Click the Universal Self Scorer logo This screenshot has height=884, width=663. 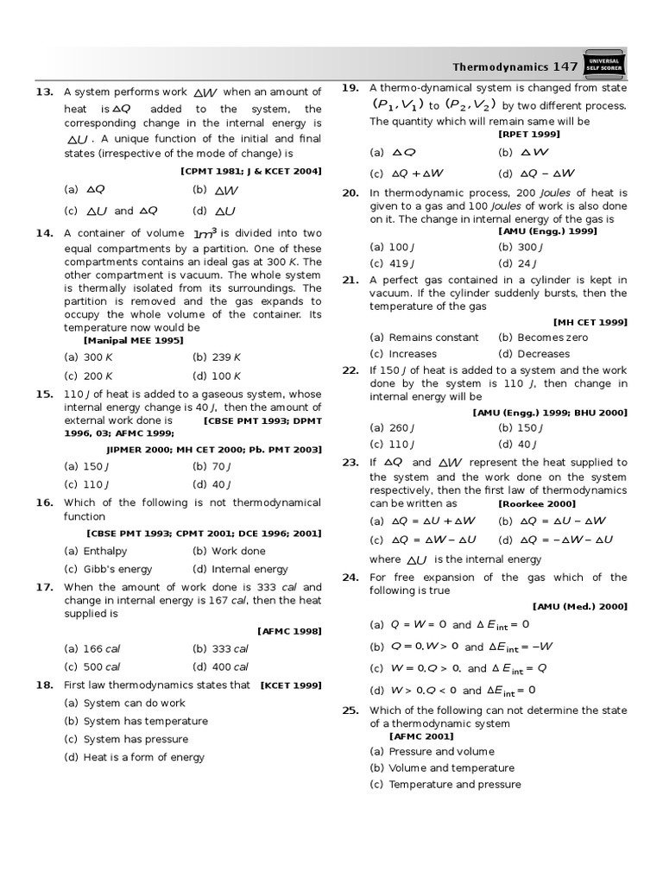click(604, 66)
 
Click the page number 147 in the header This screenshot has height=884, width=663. click(565, 66)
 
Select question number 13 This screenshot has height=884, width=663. click(45, 92)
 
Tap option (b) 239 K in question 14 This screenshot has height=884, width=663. click(217, 357)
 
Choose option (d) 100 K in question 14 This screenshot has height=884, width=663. click(217, 376)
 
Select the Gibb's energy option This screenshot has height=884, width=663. click(108, 569)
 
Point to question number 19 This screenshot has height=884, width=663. click(350, 88)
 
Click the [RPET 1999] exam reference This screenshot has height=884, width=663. click(529, 134)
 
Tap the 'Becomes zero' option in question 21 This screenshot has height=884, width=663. click(531, 338)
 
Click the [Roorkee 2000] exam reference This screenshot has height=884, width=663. click(536, 503)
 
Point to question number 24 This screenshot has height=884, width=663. click(350, 578)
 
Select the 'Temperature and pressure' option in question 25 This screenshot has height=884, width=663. click(445, 785)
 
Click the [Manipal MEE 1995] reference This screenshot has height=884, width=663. click(134, 340)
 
